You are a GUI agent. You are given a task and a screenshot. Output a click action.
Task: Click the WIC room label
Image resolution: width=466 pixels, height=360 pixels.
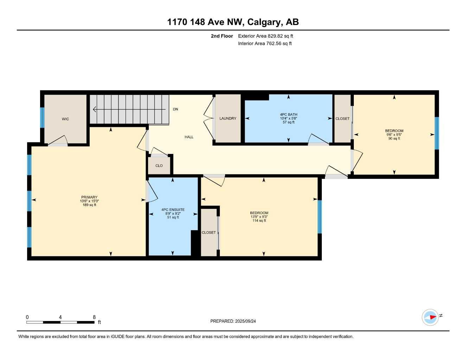65,119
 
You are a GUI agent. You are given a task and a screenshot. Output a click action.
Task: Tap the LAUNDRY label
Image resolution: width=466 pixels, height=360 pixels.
228,118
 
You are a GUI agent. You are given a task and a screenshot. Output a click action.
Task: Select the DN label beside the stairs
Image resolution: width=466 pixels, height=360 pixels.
175,109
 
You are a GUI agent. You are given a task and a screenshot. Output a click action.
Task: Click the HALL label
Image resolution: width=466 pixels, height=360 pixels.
189,137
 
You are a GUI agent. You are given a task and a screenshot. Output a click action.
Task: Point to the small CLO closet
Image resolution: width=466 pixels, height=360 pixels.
159,166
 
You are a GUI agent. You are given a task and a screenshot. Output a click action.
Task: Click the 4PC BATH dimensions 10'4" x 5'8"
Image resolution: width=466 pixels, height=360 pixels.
288,118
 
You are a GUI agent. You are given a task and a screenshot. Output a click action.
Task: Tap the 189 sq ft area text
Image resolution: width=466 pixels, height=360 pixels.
89,205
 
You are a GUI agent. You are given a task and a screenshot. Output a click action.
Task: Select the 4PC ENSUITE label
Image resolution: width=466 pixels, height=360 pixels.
173,210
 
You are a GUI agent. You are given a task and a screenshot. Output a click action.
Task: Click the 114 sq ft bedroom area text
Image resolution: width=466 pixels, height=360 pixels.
259,221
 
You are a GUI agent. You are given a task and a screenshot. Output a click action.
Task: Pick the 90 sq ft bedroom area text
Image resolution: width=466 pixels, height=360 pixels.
394,139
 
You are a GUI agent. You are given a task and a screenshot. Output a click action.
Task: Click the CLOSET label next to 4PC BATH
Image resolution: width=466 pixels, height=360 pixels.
343,119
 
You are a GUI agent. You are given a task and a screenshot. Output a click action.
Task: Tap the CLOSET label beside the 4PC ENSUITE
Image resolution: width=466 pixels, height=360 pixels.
209,233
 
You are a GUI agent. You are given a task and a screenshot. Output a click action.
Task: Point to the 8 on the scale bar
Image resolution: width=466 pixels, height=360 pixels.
94,317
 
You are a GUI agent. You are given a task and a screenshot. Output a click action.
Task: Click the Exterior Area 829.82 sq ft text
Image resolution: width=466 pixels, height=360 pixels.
266,36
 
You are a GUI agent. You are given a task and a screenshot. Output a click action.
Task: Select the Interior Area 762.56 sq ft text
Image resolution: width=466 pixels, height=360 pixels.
265,44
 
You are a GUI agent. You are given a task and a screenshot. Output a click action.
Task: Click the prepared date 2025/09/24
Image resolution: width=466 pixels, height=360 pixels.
245,321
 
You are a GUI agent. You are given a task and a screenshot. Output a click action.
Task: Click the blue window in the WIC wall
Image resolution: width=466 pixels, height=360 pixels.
42,117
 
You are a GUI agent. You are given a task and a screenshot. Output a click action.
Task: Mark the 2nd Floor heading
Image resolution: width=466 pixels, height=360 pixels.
222,36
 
